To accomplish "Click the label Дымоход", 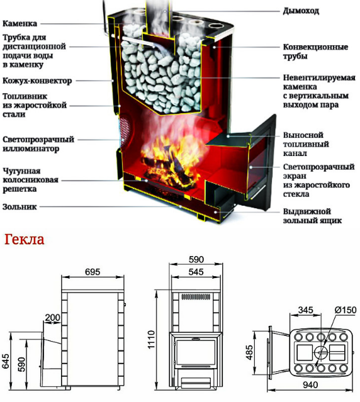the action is (301, 11).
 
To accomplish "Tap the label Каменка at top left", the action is (20, 23).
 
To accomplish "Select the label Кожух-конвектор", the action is (37, 81).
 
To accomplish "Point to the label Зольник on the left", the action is (20, 206).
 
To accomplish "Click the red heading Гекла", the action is (25, 240).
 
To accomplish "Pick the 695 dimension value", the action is (93, 272).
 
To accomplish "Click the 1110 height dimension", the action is (151, 339).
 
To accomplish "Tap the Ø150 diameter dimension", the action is (346, 310).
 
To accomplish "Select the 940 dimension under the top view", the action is (310, 384).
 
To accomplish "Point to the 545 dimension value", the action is (196, 272).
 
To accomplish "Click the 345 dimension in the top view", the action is (306, 310).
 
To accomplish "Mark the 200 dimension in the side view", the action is (53, 318).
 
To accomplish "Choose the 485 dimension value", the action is (249, 352).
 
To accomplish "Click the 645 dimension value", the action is (6, 361).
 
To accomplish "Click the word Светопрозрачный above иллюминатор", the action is (38, 140).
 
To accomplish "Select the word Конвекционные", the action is (315, 47).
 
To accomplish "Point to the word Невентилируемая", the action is (319, 77).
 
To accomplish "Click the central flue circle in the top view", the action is (321, 352).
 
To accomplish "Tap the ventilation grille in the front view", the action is (196, 297).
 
